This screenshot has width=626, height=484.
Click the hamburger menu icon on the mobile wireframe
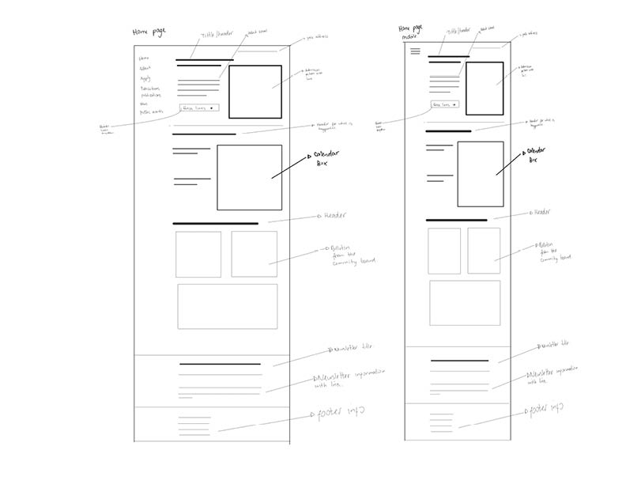pyautogui.click(x=415, y=51)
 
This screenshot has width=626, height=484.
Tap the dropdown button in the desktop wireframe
pyautogui.click(x=199, y=108)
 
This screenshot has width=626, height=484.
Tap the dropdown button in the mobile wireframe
pyautogui.click(x=444, y=104)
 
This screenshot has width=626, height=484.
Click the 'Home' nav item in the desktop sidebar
pyautogui.click(x=144, y=59)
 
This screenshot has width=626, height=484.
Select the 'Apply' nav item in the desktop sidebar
pyautogui.click(x=145, y=78)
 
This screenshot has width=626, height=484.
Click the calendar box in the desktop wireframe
pyautogui.click(x=249, y=177)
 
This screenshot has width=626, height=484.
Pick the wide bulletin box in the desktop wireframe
pyautogui.click(x=227, y=306)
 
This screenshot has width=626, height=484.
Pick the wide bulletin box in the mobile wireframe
pyautogui.click(x=464, y=302)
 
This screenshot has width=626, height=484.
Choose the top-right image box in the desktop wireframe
pyautogui.click(x=255, y=92)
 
